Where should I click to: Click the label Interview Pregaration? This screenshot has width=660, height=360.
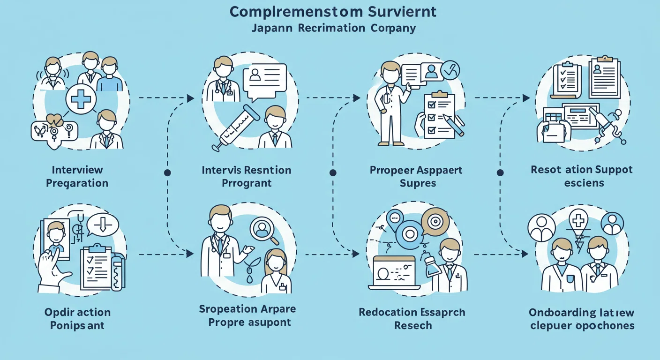[x=77, y=176]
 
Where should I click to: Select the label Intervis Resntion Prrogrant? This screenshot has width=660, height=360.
[x=247, y=176]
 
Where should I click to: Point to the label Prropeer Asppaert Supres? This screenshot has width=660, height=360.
[x=416, y=176]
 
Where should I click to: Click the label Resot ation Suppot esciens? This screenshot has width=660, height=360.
[x=581, y=176]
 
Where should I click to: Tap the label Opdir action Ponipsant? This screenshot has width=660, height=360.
[x=77, y=318]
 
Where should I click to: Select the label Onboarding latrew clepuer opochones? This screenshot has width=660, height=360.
[x=582, y=319]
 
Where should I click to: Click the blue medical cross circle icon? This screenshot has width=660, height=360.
[x=81, y=99]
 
